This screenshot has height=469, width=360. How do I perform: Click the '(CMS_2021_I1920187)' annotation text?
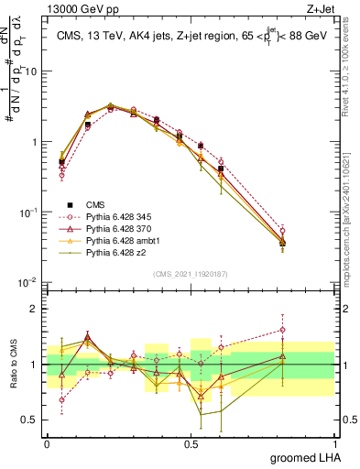191,272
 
